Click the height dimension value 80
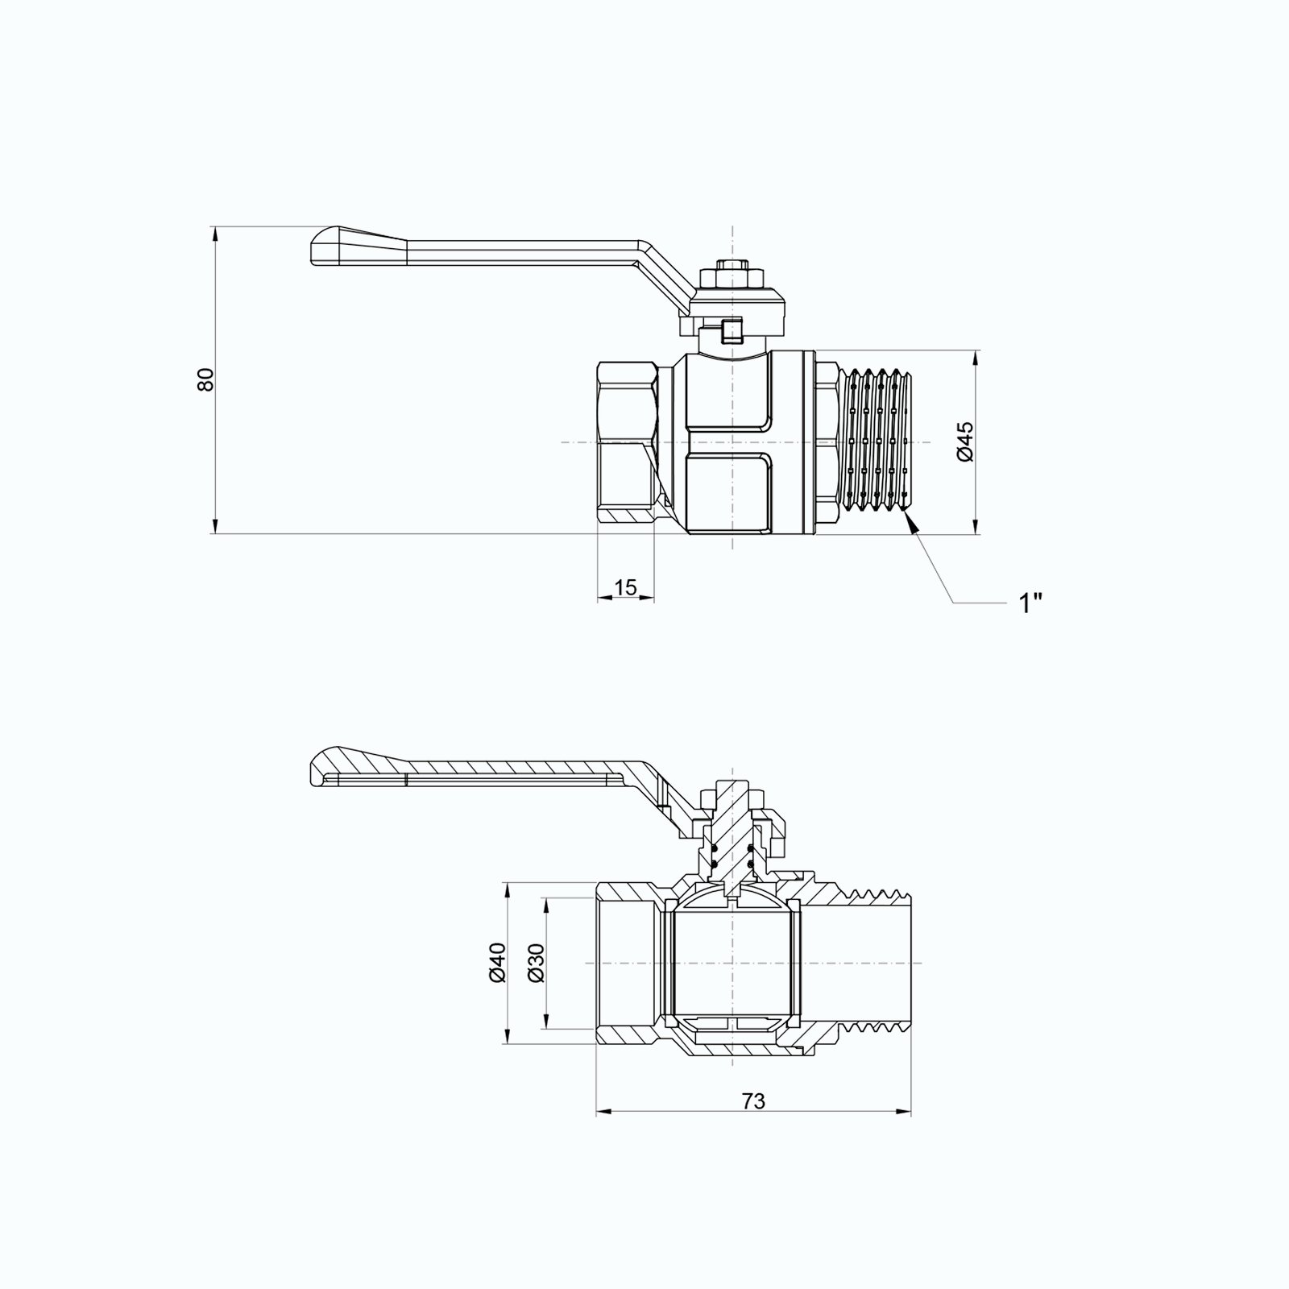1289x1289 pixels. point(207,379)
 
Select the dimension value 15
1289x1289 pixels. point(625,587)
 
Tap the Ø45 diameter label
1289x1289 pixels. point(966,441)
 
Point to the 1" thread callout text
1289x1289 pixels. point(1031,603)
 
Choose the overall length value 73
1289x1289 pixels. point(753,1100)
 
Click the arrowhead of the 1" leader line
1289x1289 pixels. point(911,523)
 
